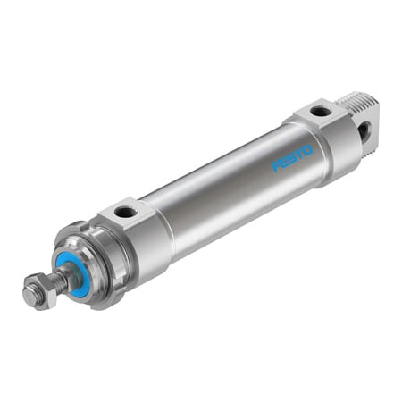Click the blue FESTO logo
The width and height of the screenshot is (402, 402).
click(291, 157)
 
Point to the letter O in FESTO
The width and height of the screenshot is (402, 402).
click(306, 149)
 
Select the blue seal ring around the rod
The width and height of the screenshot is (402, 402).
click(71, 272)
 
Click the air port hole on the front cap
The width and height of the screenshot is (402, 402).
click(125, 212)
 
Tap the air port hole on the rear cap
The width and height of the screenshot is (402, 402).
click(320, 111)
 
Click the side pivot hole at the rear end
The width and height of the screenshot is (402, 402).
click(364, 132)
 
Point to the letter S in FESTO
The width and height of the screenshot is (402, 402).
click(292, 157)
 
